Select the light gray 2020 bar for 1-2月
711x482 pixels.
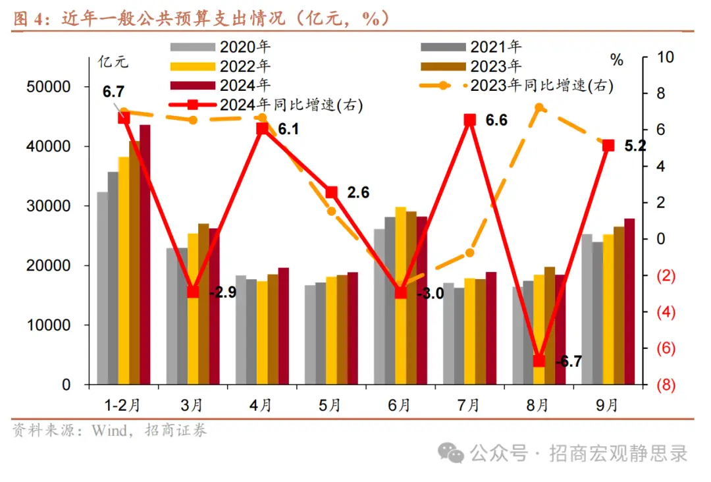(x=102, y=290)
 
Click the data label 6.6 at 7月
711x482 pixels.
(x=496, y=120)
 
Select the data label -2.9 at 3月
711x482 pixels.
(x=222, y=292)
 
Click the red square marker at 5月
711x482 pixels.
(x=332, y=192)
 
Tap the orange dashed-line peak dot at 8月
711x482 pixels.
(x=539, y=107)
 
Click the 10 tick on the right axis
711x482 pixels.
(x=666, y=57)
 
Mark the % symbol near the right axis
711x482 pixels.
(x=616, y=61)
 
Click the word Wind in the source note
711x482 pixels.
(x=110, y=431)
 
